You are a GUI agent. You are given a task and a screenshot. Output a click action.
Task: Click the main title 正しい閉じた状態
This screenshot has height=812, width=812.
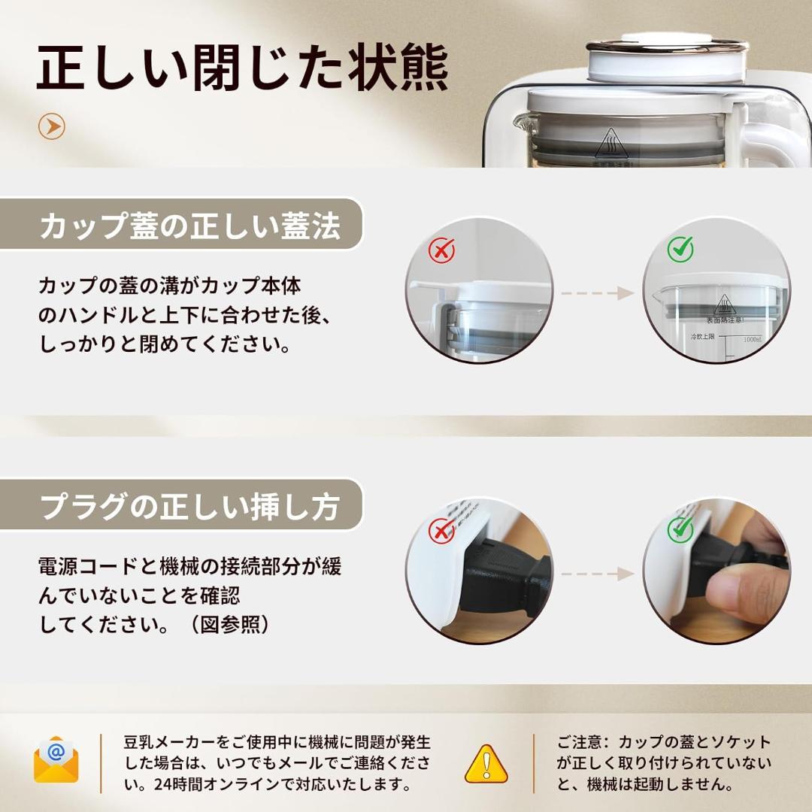[242, 69]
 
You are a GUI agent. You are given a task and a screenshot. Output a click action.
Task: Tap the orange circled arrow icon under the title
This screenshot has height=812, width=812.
[52, 126]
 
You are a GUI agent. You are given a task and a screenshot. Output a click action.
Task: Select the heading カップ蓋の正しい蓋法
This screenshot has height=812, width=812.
[189, 226]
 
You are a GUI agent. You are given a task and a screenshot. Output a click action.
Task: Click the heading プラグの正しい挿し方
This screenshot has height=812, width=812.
[189, 507]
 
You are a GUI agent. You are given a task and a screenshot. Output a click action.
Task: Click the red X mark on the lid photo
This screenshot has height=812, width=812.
[441, 250]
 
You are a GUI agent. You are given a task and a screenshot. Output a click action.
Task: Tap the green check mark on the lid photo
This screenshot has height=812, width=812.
[680, 249]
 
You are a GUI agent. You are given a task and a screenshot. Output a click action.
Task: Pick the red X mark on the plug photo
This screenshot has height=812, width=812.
[441, 531]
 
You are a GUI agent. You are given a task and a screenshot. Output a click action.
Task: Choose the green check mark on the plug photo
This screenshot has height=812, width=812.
[680, 529]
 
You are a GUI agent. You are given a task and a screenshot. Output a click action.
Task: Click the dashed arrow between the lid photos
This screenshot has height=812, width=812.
[598, 293]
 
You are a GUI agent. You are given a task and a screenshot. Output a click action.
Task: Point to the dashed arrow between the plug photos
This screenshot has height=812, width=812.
[598, 574]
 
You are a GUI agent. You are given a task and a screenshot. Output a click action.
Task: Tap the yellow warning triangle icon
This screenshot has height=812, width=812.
[486, 763]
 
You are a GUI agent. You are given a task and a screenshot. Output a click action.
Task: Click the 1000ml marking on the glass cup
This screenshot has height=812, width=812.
[752, 340]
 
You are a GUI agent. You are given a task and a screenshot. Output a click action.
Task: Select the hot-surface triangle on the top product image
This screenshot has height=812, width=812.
[611, 143]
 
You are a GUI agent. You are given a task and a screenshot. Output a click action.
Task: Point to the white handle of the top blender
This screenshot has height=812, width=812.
[774, 139]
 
